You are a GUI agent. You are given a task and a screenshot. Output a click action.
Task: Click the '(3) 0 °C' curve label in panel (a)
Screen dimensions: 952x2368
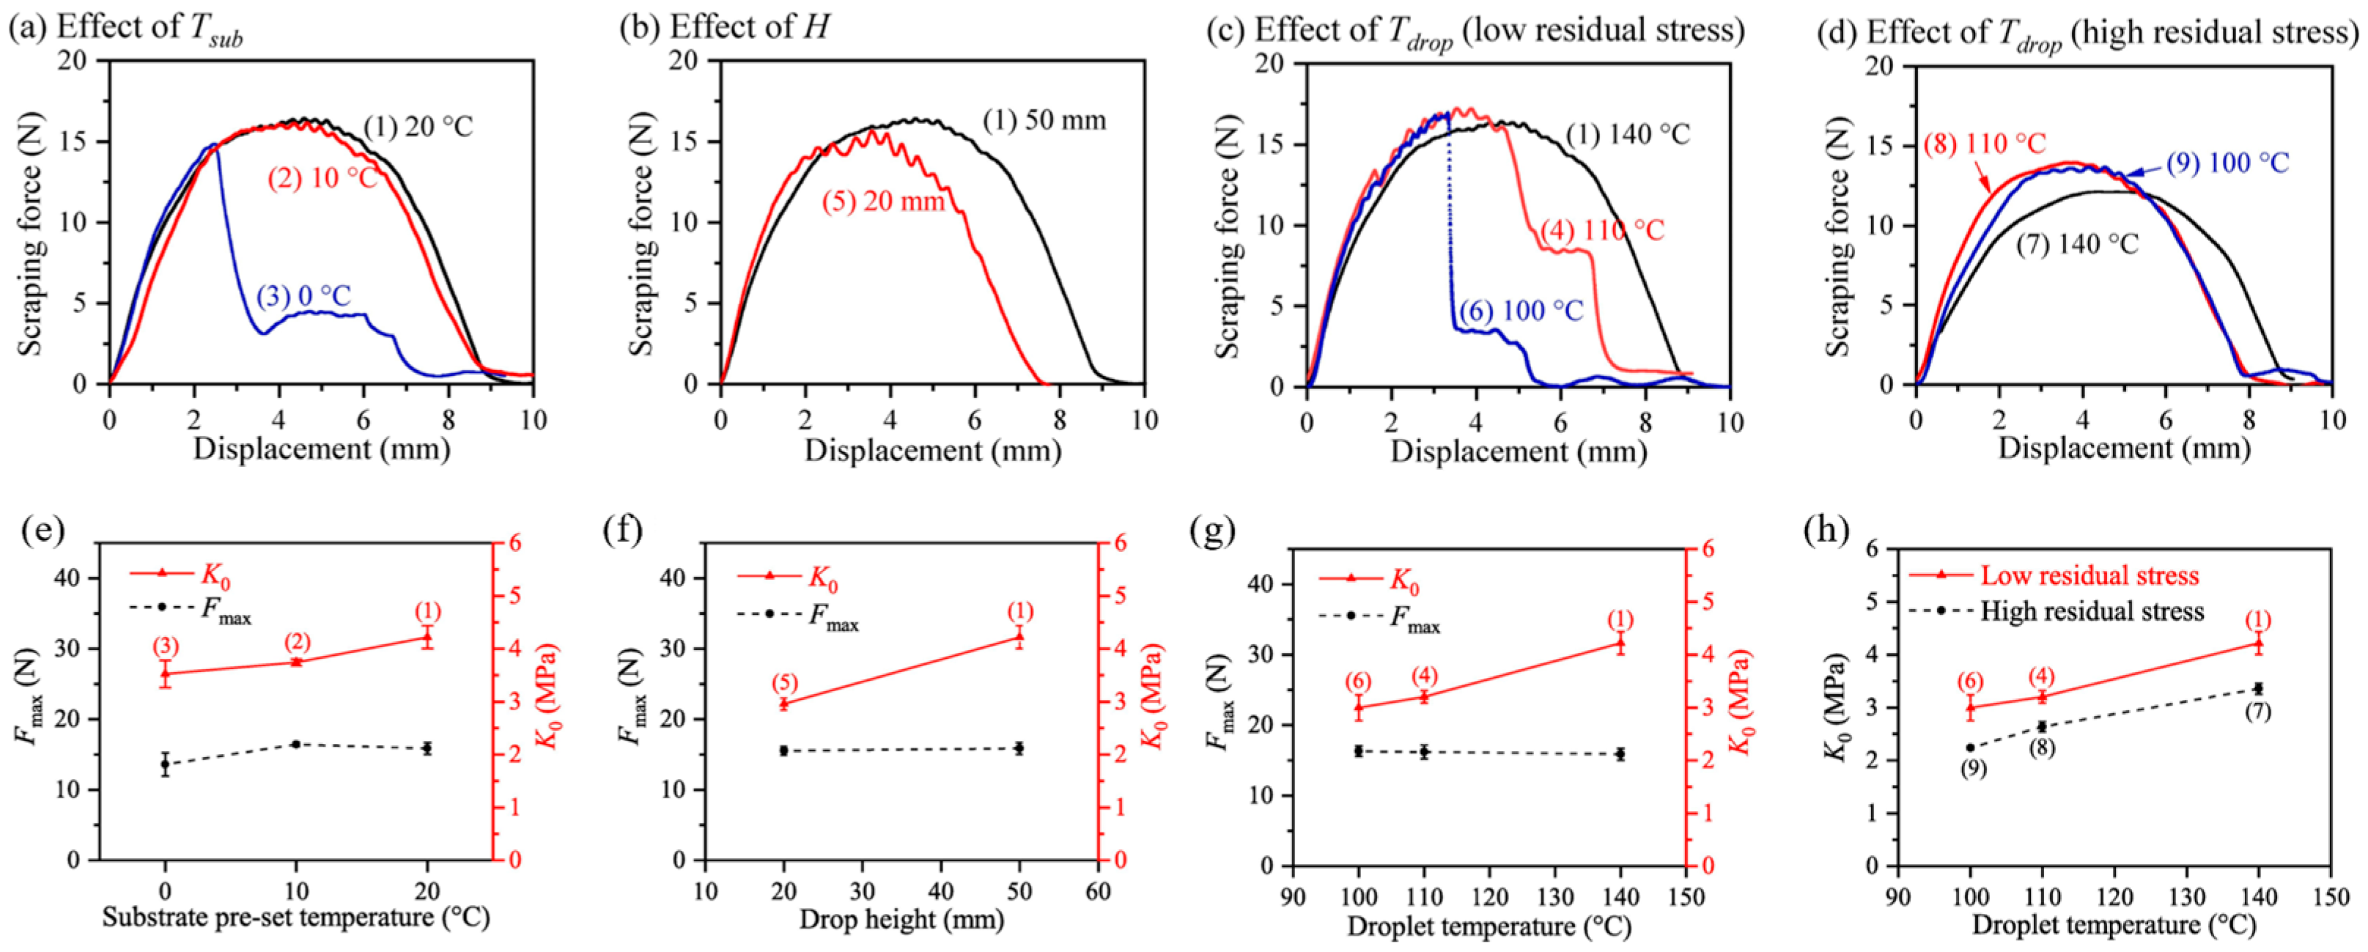pyautogui.click(x=304, y=297)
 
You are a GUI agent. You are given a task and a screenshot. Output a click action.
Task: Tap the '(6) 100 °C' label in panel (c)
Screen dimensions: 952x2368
pyautogui.click(x=1522, y=311)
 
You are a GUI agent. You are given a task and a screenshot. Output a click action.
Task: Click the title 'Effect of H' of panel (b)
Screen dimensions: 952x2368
pyautogui.click(x=748, y=28)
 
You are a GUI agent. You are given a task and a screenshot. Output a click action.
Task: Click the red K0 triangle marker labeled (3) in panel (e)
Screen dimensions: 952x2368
pyautogui.click(x=166, y=673)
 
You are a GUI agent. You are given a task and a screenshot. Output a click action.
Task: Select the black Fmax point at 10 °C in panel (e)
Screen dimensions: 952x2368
pyautogui.click(x=296, y=743)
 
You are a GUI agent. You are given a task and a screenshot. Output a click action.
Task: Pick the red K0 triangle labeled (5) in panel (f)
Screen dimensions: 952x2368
pyautogui.click(x=784, y=703)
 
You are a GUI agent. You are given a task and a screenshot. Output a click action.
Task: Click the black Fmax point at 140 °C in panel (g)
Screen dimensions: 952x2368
pyautogui.click(x=1620, y=753)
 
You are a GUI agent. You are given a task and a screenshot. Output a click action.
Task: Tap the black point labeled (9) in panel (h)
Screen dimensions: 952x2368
pyautogui.click(x=1970, y=748)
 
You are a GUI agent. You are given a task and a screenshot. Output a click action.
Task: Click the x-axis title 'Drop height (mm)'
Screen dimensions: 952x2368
pyautogui.click(x=901, y=920)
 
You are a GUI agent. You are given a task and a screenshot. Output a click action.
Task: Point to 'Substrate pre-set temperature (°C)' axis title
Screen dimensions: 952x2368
pyautogui.click(x=296, y=917)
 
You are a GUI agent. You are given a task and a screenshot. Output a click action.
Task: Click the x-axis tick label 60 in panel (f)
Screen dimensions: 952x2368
pyautogui.click(x=1098, y=890)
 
